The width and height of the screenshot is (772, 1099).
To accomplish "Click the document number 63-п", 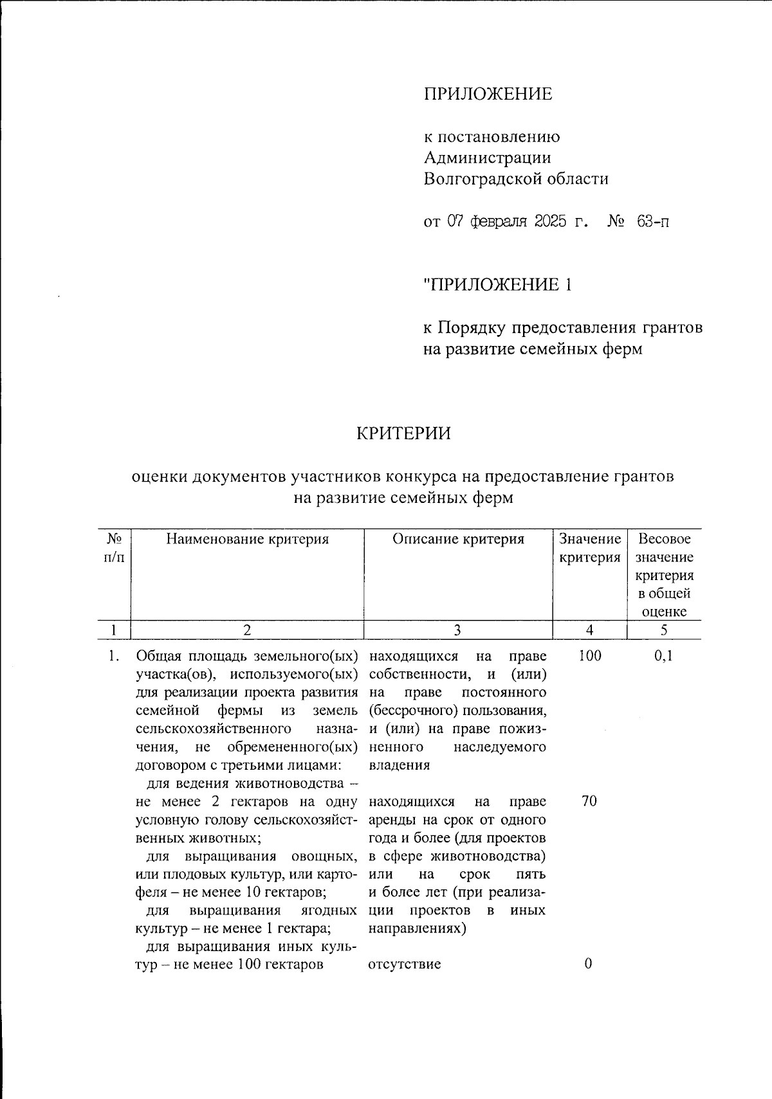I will tap(652, 223).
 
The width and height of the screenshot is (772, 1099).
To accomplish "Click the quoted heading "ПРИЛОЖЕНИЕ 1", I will tap(497, 284).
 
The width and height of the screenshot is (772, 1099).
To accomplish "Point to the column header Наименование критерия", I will tap(247, 540).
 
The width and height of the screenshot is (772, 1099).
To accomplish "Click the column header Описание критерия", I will tap(458, 540).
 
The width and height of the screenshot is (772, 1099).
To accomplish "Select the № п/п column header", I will tap(114, 548).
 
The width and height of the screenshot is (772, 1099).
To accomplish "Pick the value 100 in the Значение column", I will tap(589, 656).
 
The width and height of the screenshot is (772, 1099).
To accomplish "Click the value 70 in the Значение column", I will tap(589, 802).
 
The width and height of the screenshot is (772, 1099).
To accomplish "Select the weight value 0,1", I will tap(664, 656).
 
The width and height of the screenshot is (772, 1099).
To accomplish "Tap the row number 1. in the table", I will tap(114, 656).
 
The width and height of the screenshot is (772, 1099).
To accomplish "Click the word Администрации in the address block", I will tap(487, 158).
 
